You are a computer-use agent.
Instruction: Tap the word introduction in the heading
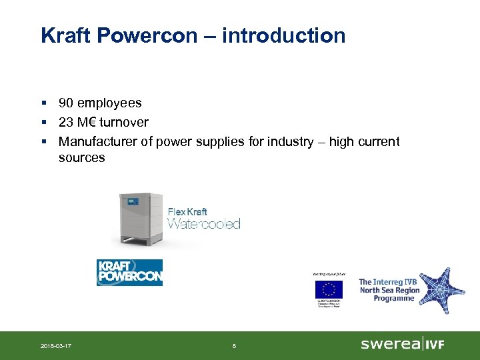pos(283,35)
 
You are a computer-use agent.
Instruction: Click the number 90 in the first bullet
pos(66,103)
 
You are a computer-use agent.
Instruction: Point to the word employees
pos(109,103)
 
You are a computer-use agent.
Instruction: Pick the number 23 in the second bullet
pos(66,123)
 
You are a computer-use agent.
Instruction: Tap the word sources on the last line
pos(81,158)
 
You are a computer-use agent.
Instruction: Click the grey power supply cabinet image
pos(141,219)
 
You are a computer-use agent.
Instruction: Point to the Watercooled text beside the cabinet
pos(203,224)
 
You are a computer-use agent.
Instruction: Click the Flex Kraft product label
pos(187,212)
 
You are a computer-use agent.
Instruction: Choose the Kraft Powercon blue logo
pos(129,273)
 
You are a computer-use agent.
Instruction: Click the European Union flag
pos(329,289)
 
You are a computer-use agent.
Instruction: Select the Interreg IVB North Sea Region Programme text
pos(389,290)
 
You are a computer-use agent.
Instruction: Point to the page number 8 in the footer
pos(233,345)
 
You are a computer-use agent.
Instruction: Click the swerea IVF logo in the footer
pos(402,344)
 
